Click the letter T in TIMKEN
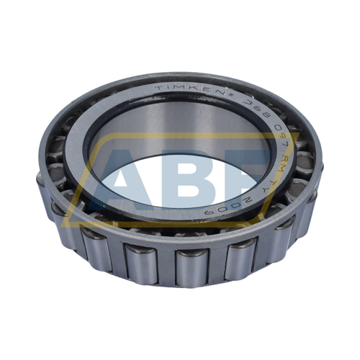point(158,89)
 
